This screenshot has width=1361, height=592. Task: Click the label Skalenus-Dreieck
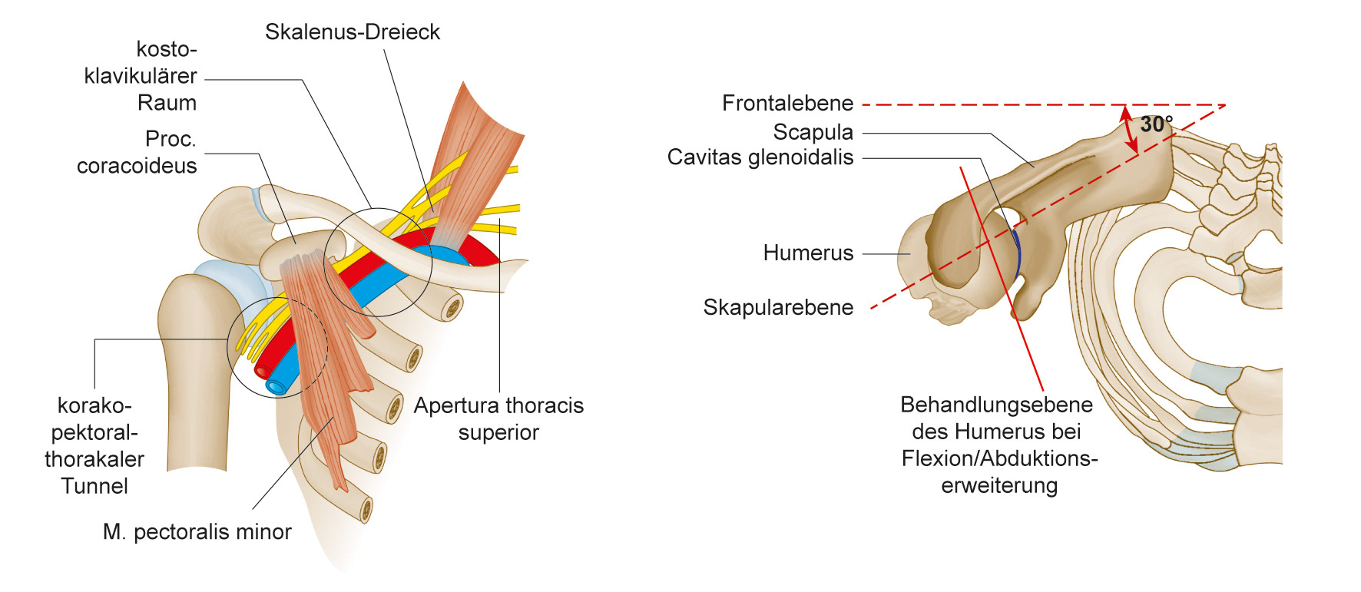tap(352, 32)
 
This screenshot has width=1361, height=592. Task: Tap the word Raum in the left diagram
tap(167, 103)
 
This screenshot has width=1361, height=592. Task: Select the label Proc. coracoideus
tap(137, 152)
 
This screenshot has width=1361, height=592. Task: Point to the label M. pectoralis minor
tap(197, 531)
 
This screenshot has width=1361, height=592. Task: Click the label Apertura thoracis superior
tap(498, 418)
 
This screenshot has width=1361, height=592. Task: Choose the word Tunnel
tap(94, 486)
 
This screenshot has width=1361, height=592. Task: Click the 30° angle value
tap(1156, 124)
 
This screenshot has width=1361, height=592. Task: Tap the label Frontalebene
tap(787, 103)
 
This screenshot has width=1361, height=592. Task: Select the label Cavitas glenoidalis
tap(760, 157)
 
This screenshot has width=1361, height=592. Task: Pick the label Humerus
tap(808, 253)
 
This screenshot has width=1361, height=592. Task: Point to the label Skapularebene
tap(778, 307)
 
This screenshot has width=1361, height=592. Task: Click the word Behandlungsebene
tap(996, 405)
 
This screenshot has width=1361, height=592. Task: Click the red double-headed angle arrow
tap(1128, 128)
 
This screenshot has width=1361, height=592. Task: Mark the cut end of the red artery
tap(263, 372)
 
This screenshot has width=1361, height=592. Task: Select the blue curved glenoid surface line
tap(1018, 253)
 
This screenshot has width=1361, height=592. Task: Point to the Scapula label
tap(813, 132)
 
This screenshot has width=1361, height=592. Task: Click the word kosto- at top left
tap(166, 49)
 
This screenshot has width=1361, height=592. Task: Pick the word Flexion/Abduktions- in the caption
tap(999, 458)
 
